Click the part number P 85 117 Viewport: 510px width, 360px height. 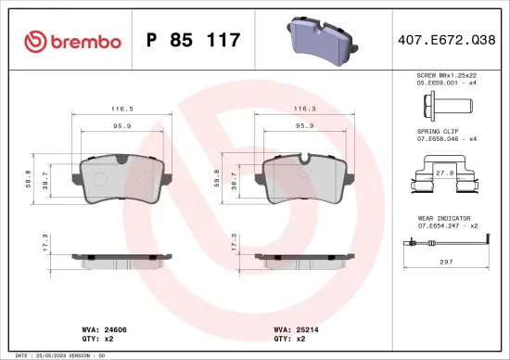click(194, 40)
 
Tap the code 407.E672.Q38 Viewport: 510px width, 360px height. click(446, 40)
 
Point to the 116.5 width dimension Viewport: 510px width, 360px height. click(121, 108)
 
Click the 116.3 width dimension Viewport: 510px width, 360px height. click(303, 108)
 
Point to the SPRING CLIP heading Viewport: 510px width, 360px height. click(439, 132)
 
